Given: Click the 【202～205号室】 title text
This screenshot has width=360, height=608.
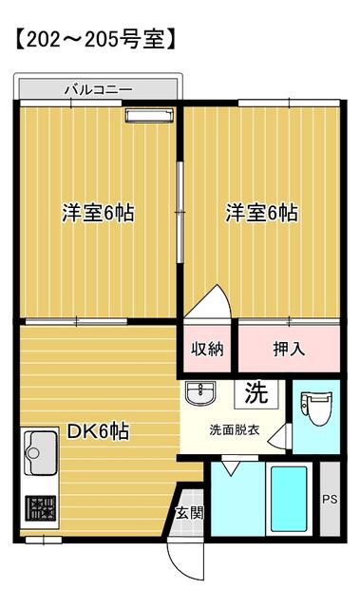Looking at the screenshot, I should tap(90, 40).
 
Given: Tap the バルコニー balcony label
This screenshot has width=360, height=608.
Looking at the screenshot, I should tap(98, 90).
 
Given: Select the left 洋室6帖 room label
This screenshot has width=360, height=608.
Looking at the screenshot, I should tap(97, 212).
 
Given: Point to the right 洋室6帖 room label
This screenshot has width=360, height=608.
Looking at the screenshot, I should tap(261, 212).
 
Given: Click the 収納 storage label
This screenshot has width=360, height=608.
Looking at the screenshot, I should tap(207, 349).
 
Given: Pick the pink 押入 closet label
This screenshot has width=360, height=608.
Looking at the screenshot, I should tap(289, 349).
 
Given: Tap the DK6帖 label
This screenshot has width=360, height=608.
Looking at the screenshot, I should tap(97, 431).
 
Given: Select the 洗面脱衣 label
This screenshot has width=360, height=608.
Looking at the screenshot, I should tap(233, 428).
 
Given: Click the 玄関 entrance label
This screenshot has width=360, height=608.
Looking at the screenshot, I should tap(187, 514).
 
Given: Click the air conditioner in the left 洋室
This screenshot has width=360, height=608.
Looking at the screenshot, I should tap(147, 116).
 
